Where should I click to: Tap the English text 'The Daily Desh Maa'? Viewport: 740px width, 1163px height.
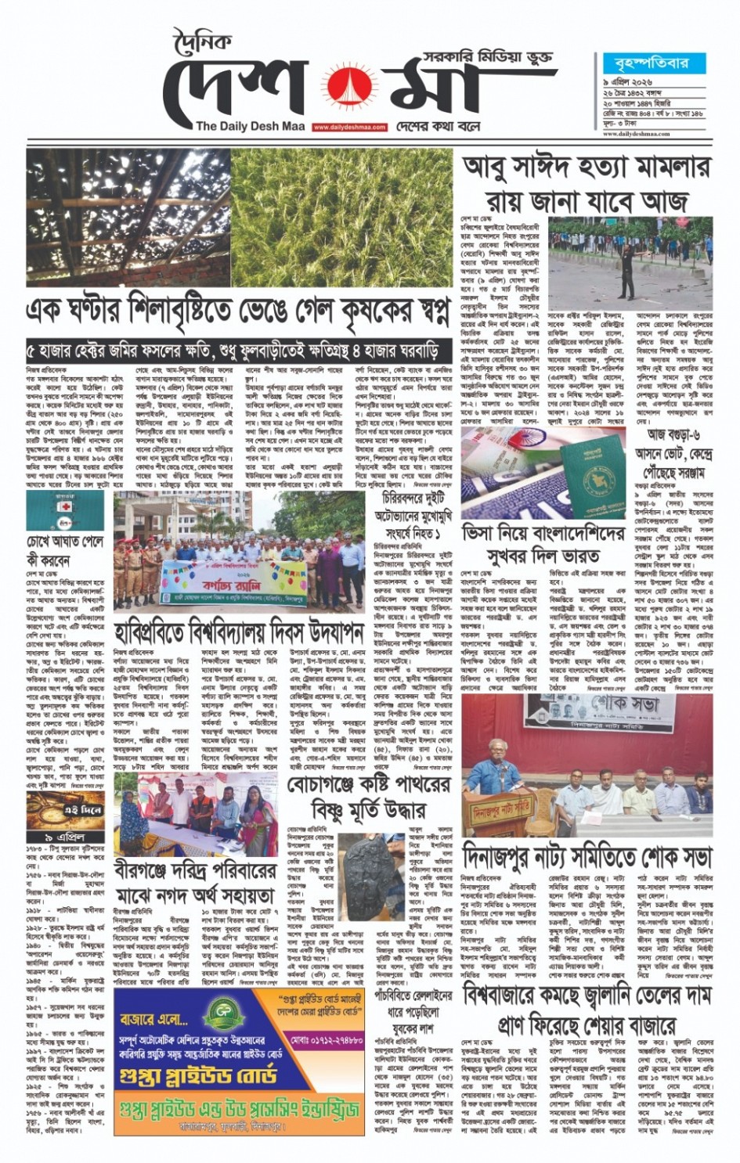(x=250, y=126)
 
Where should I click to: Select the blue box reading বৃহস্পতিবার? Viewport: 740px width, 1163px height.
(x=646, y=63)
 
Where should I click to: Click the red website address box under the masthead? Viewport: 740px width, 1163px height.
(x=349, y=127)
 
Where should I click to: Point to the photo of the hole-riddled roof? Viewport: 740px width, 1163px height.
(x=127, y=217)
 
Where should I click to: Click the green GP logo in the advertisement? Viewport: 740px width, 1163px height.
(x=217, y=1016)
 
